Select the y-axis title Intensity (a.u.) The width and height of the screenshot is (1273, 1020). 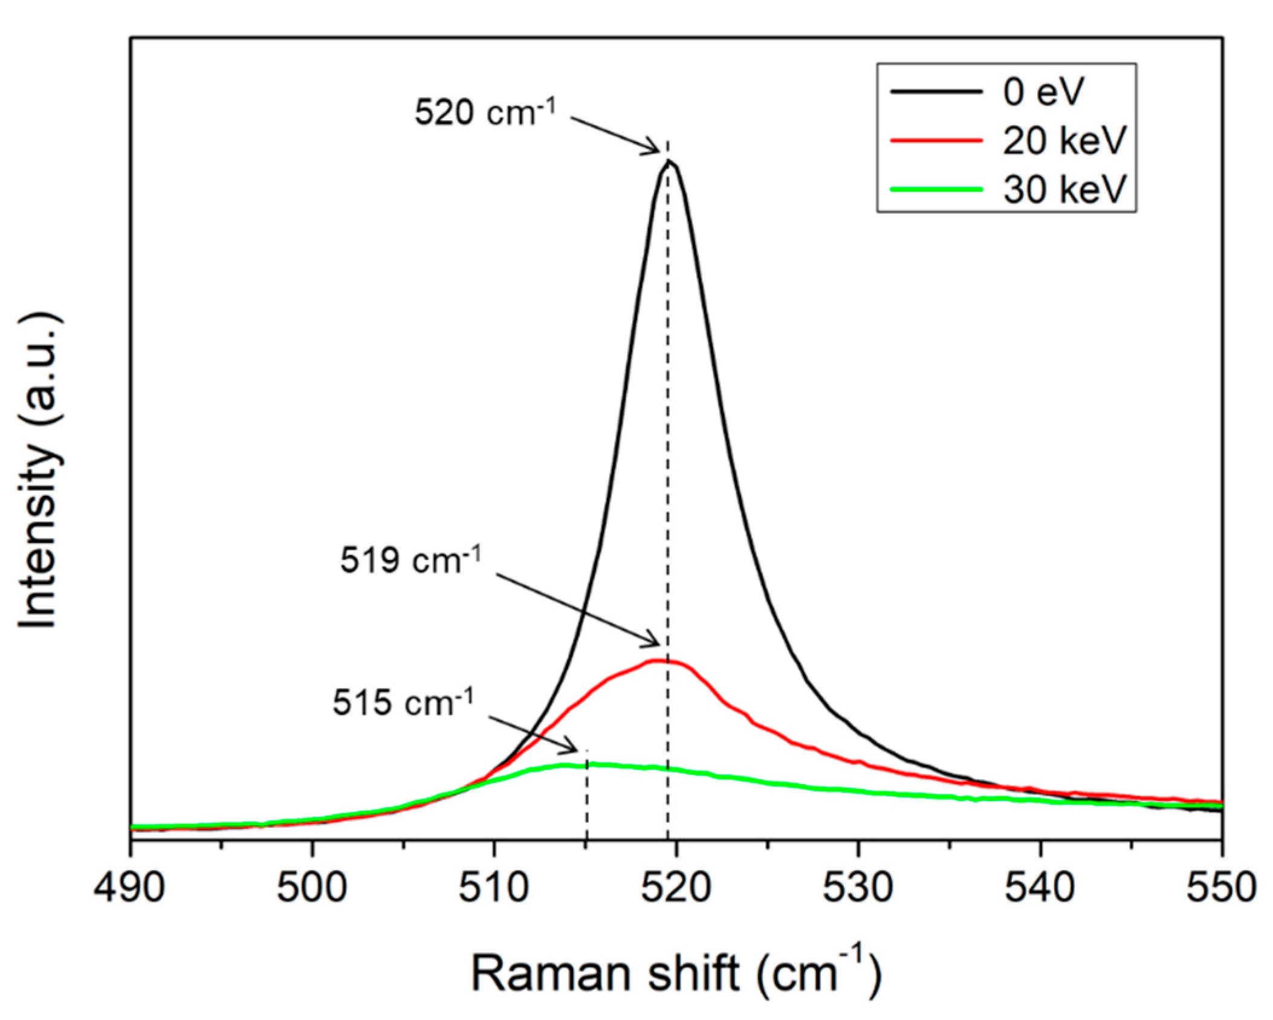click(40, 472)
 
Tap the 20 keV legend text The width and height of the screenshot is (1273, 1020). click(1064, 141)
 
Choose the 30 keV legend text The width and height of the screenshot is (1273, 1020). click(1064, 189)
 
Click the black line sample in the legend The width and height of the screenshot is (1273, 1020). click(936, 93)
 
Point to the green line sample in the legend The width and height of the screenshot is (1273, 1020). click(936, 189)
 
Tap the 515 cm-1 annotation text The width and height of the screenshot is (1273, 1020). click(403, 703)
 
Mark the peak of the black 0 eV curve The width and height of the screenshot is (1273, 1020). click(668, 161)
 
